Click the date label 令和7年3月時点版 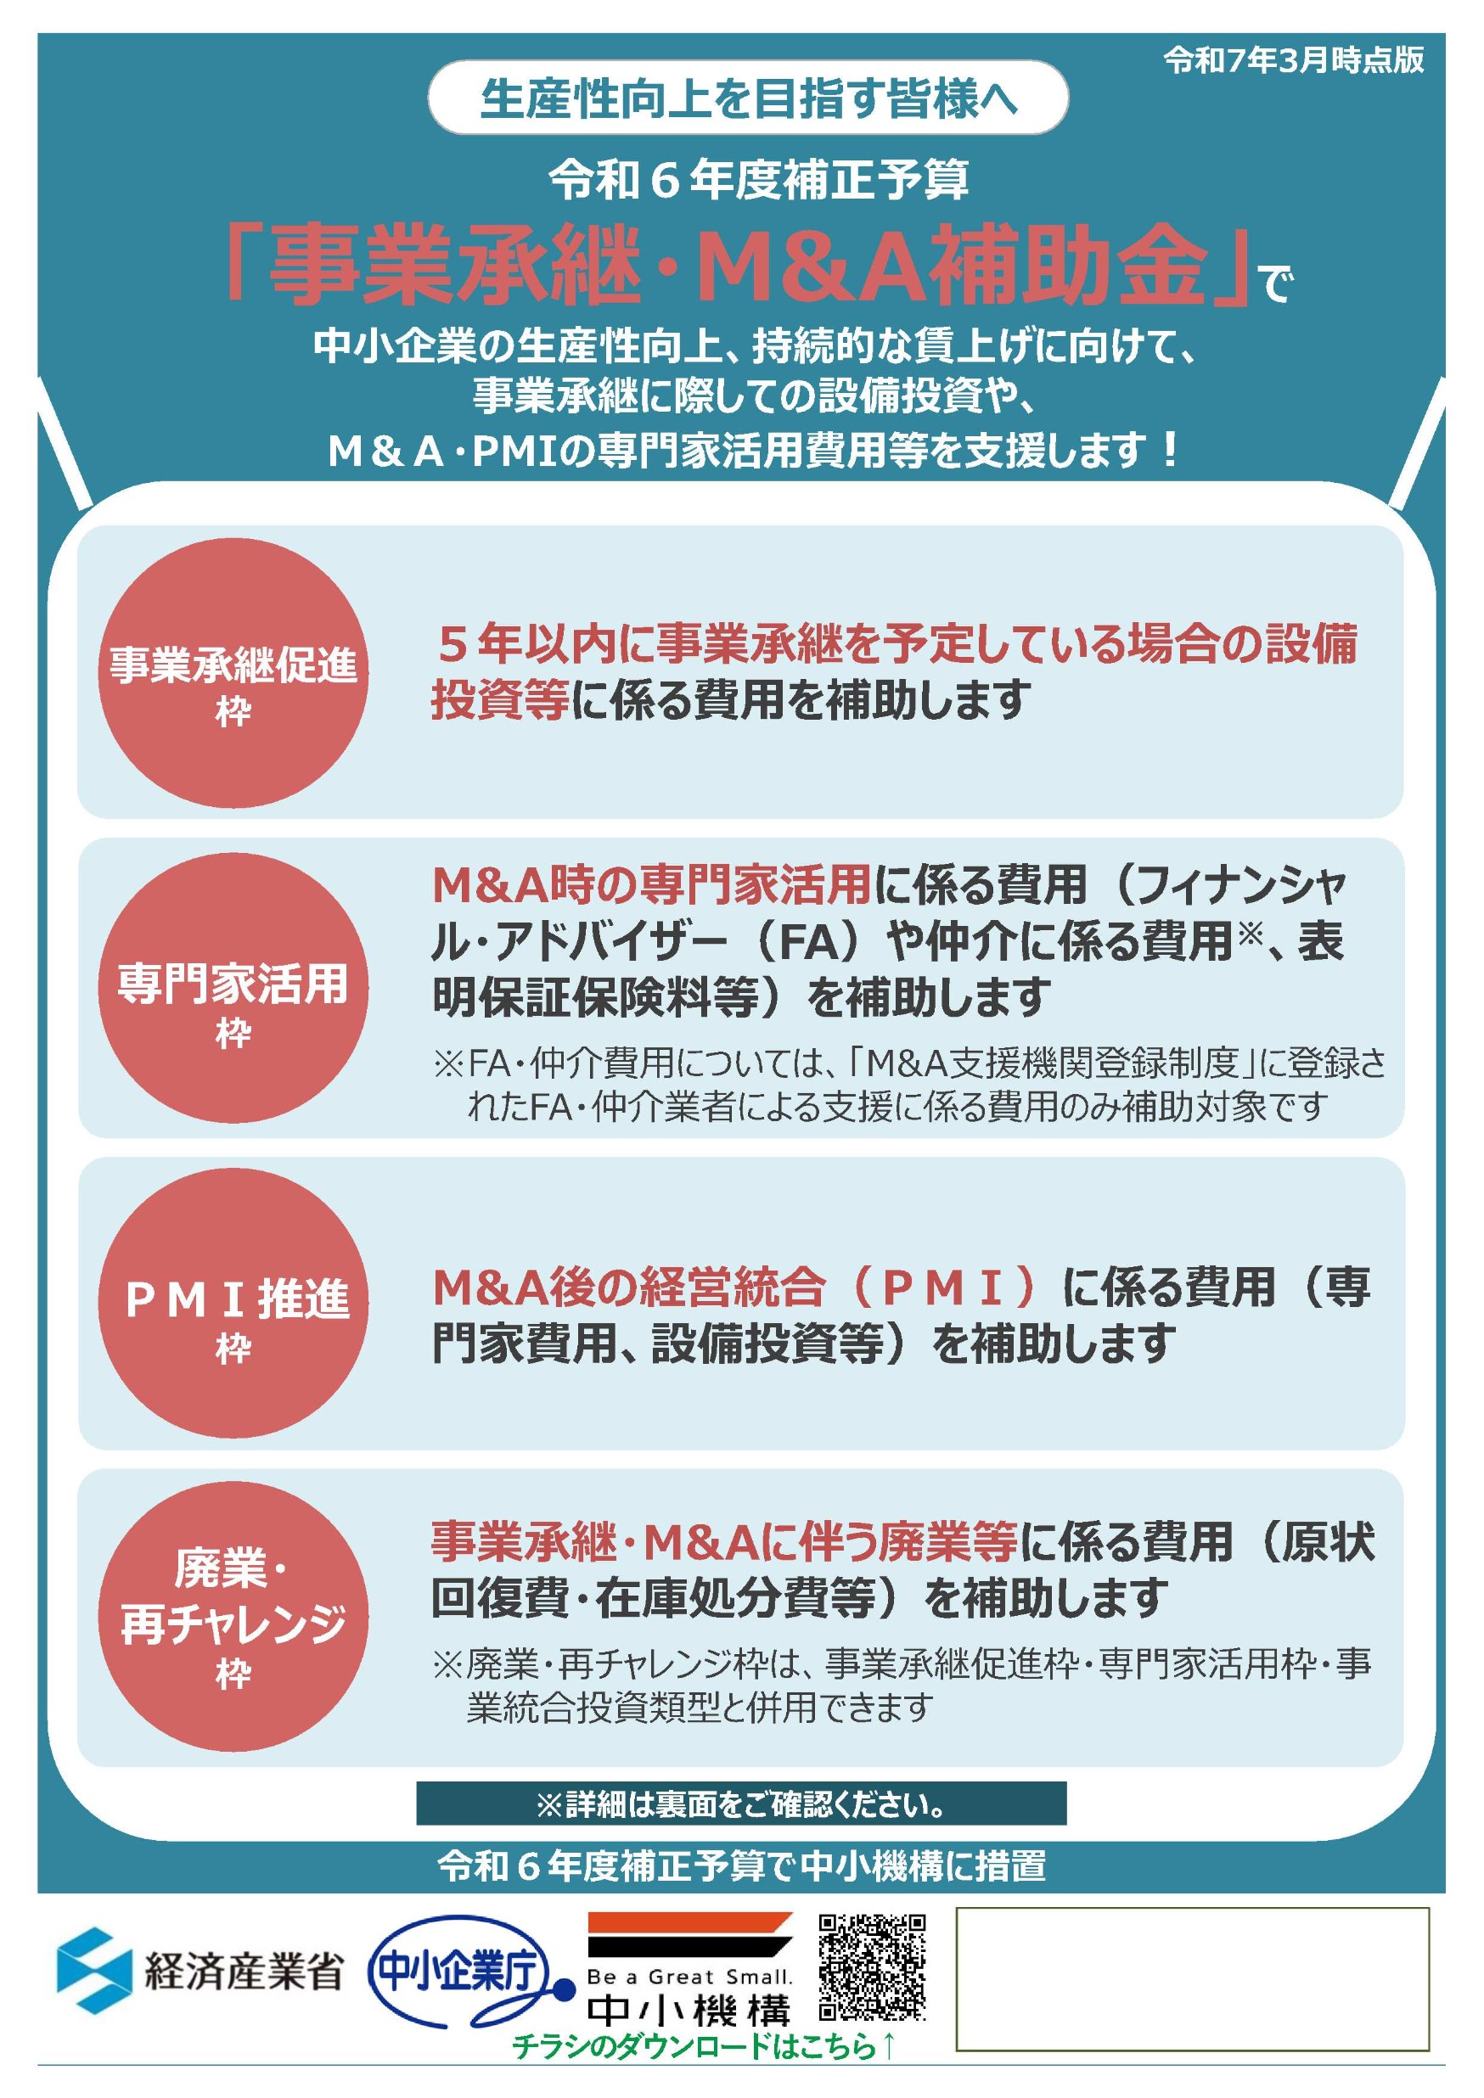(1293, 60)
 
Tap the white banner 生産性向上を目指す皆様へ (747, 98)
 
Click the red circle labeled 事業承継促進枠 (233, 673)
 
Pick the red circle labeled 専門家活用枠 (233, 988)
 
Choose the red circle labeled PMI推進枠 (233, 1302)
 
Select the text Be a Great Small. (690, 1977)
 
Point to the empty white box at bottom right (1192, 1978)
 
